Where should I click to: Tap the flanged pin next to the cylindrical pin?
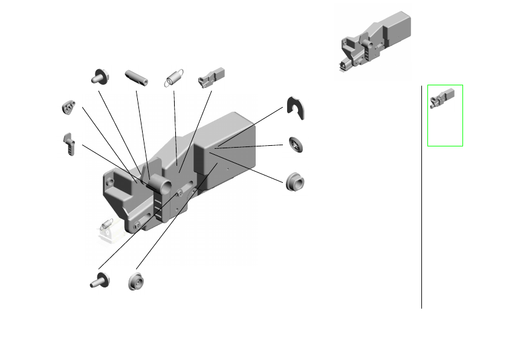pyautogui.click(x=99, y=77)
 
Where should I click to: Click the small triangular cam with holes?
pyautogui.click(x=68, y=107)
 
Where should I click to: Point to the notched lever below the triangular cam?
pyautogui.click(x=69, y=145)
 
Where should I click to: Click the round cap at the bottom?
pyautogui.click(x=135, y=281)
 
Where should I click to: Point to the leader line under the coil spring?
pyautogui.click(x=175, y=121)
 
